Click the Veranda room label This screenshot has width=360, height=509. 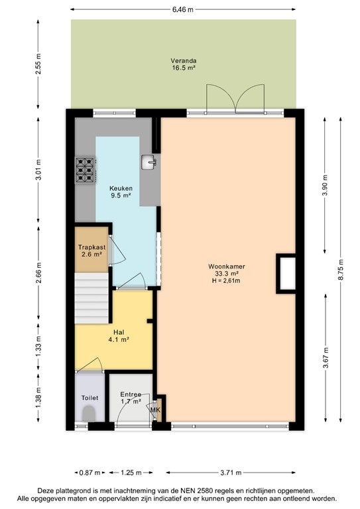pos(184,61)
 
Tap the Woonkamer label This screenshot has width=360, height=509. pos(227,266)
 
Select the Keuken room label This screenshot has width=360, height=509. pos(121,188)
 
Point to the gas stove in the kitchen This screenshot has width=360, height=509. pos(86,170)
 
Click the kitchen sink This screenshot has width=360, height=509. pos(149,162)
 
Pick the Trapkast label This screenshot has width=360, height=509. pos(91,247)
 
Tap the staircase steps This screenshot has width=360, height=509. pos(91,298)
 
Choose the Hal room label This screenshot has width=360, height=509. pos(119,333)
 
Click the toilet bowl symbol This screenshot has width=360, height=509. pos(89,414)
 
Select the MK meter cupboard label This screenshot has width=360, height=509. pos(155,410)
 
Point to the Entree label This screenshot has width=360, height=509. pos(131,394)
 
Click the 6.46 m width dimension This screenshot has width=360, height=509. pos(183,9)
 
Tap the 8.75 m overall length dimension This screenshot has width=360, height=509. pos(340,270)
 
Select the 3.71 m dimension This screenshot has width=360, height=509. pos(231,473)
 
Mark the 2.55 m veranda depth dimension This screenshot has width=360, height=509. pos(38,64)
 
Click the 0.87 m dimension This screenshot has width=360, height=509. pos(90,473)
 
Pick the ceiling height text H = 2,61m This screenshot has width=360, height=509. pos(226,281)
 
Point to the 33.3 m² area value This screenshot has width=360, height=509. pos(227,274)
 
